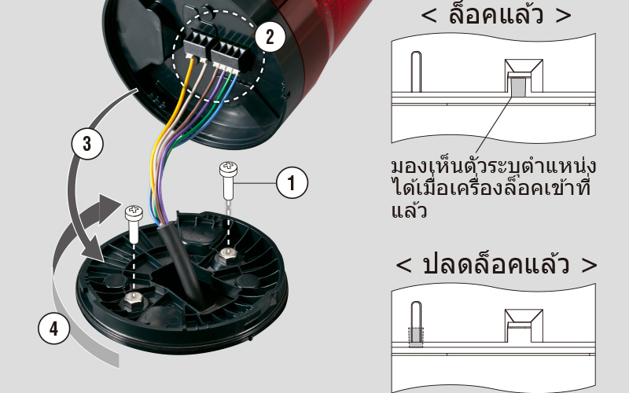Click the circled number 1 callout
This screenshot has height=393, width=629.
(292, 183)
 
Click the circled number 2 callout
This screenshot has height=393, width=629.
(270, 37)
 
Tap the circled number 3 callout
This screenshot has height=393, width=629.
(87, 144)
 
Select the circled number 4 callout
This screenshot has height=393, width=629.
(53, 329)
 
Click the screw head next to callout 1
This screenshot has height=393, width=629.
(228, 168)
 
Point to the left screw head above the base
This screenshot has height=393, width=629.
(134, 212)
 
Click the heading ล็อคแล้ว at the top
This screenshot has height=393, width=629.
(496, 14)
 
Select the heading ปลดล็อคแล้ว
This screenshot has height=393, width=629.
(496, 264)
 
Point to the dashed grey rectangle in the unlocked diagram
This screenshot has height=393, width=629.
(416, 337)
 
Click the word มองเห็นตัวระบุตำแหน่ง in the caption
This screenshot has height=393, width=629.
(494, 166)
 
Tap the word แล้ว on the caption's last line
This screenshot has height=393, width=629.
(408, 211)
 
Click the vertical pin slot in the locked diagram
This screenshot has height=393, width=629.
(417, 72)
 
